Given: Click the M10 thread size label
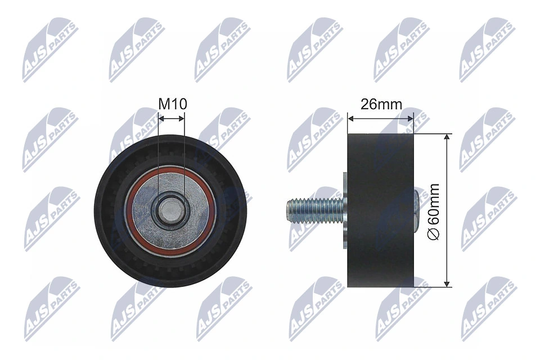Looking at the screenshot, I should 172,104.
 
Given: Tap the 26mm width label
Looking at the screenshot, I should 381,104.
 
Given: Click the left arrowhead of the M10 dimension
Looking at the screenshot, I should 161,118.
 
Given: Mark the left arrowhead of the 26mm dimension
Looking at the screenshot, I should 350,118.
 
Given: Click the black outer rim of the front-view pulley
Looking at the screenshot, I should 107,209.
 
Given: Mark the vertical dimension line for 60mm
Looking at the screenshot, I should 447,169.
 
